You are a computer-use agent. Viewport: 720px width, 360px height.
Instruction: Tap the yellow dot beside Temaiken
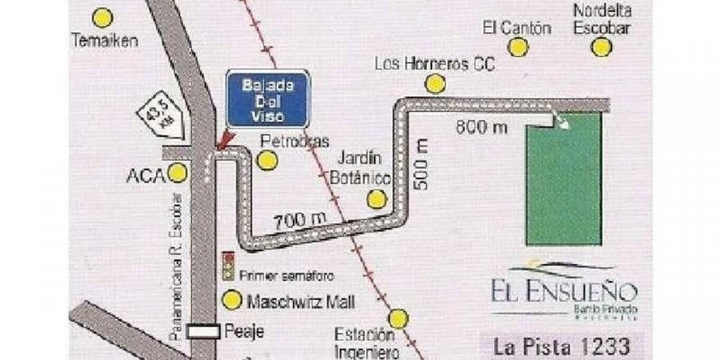pyautogui.click(x=102, y=17)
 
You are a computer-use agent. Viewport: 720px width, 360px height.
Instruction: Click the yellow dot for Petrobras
pyautogui.click(x=267, y=161)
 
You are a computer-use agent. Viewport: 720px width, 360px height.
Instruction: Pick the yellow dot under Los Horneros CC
pyautogui.click(x=434, y=83)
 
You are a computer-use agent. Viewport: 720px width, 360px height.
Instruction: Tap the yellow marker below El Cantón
pyautogui.click(x=518, y=47)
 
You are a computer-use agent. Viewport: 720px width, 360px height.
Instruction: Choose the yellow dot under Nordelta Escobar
pyautogui.click(x=601, y=46)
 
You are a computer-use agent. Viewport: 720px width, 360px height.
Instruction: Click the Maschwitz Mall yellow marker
pyautogui.click(x=231, y=302)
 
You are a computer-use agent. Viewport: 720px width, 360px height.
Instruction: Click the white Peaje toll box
pyautogui.click(x=204, y=331)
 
